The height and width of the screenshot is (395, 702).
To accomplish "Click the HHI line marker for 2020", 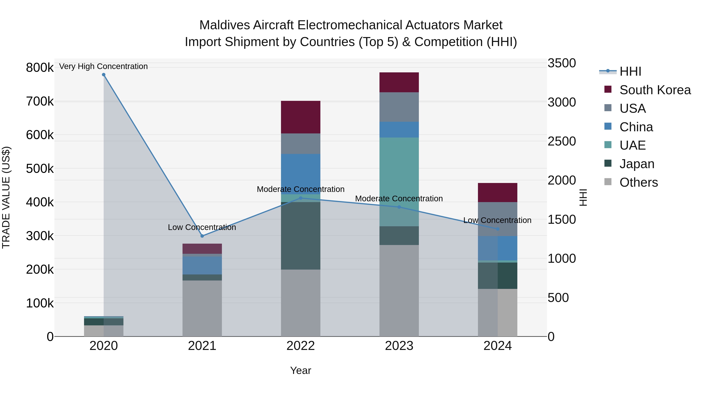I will [104, 75].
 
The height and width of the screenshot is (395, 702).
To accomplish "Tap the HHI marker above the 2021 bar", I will [202, 236].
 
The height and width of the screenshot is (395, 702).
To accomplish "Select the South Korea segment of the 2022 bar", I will [300, 117].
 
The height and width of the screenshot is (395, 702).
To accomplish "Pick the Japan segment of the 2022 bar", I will [300, 236].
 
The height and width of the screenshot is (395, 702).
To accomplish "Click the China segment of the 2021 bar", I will [202, 265].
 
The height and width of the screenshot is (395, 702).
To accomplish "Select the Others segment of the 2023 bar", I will [399, 290].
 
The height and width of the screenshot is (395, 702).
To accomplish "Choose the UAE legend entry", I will [632, 145].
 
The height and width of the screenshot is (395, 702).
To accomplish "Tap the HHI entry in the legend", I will [630, 71].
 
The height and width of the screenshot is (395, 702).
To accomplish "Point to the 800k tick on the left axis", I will [40, 68].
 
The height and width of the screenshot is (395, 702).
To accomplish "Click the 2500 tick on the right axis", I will [562, 141].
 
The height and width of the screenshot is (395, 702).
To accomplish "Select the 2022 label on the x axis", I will [300, 346].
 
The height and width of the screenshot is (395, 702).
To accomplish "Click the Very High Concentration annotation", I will [103, 66].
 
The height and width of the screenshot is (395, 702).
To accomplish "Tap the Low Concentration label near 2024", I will [497, 220].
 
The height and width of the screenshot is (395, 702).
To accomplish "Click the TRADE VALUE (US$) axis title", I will [6, 197].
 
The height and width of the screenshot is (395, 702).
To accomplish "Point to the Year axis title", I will [300, 370].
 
